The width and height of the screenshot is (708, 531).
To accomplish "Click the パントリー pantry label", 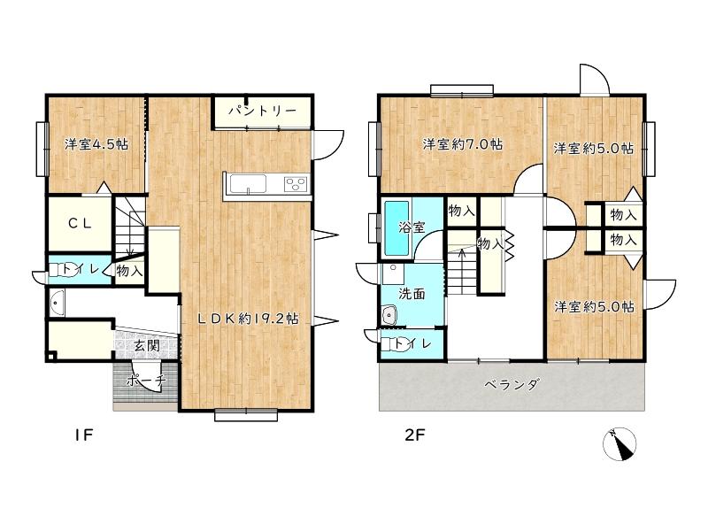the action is point(262,110).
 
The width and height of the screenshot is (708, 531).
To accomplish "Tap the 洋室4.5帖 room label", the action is point(96,144).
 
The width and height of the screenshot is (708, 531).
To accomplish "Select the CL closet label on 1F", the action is point(81,223).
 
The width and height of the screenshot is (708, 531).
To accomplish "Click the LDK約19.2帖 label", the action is point(249,319).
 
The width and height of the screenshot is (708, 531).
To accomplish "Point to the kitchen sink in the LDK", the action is point(248,184).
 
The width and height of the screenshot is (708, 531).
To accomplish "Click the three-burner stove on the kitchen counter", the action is point(296,184).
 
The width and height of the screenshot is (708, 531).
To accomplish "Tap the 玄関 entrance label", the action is point(147,346).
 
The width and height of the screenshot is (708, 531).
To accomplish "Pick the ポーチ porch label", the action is point(146,381).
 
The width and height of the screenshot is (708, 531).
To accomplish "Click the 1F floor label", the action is point(83,435).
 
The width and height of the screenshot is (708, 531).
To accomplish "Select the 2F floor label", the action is point(414,435).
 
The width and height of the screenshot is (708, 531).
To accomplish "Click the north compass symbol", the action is point(619,444).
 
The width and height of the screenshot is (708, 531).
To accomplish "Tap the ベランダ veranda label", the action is point(512,385).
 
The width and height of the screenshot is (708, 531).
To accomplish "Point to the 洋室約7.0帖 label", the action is point(462,144).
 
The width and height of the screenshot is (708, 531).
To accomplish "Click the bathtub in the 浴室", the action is point(396,228).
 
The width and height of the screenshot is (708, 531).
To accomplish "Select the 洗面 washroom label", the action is point(412,294).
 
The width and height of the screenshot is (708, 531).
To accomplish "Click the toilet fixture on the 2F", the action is point(390,344).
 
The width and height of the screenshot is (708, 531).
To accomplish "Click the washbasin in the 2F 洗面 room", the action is point(389,315).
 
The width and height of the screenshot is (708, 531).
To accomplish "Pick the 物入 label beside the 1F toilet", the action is point(129,271).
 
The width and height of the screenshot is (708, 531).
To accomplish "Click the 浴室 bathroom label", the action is point(412,227).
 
